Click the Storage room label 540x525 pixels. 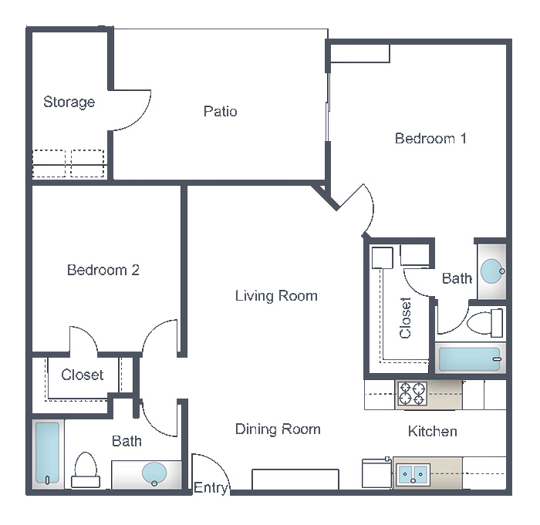pyautogui.click(x=69, y=103)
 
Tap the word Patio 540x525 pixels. pyautogui.click(x=221, y=111)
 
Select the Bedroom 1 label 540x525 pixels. pyautogui.click(x=430, y=139)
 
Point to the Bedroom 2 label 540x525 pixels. pyautogui.click(x=103, y=270)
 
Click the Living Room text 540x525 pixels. pyautogui.click(x=276, y=296)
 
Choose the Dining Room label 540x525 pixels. pyautogui.click(x=278, y=429)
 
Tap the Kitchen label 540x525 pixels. pyautogui.click(x=433, y=431)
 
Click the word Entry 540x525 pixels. pyautogui.click(x=211, y=488)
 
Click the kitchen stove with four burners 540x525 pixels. pyautogui.click(x=413, y=393)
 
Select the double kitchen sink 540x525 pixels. pyautogui.click(x=413, y=475)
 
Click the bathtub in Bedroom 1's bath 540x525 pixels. pyautogui.click(x=470, y=359)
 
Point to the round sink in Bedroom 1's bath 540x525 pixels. pyautogui.click(x=492, y=271)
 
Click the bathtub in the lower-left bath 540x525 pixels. pyautogui.click(x=47, y=453)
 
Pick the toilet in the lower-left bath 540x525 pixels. pyautogui.click(x=86, y=469)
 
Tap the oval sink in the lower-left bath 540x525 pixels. pyautogui.click(x=154, y=474)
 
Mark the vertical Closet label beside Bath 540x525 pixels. pyautogui.click(x=405, y=318)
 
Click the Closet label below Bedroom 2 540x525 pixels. pyautogui.click(x=83, y=375)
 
